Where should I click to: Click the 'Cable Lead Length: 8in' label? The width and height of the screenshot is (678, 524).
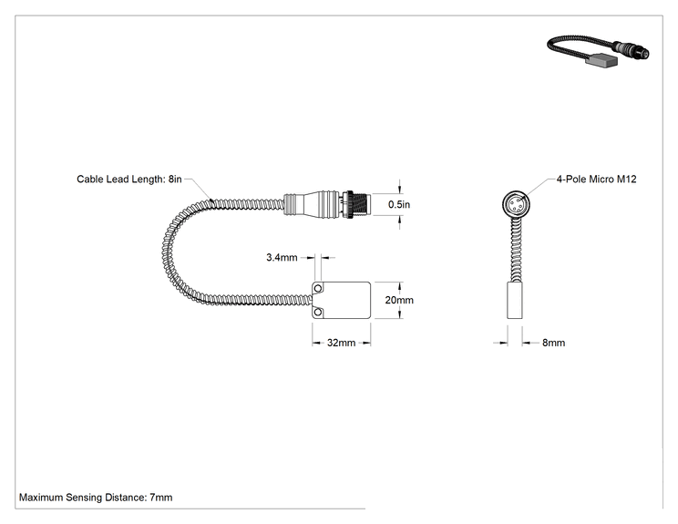click(x=128, y=179)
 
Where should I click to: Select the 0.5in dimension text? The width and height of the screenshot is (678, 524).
click(x=398, y=204)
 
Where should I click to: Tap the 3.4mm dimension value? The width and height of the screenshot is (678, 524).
click(x=282, y=258)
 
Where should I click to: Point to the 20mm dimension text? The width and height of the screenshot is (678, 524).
click(x=399, y=300)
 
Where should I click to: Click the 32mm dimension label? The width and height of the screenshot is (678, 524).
click(x=341, y=343)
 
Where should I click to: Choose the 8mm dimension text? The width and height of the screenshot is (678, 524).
click(x=553, y=343)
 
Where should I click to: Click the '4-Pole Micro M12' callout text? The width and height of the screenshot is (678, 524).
click(x=596, y=179)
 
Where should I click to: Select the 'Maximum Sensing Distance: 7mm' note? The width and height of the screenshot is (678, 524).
click(x=96, y=498)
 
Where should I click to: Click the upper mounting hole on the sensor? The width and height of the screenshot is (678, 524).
click(x=318, y=288)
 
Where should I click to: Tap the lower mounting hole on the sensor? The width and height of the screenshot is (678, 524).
click(x=318, y=313)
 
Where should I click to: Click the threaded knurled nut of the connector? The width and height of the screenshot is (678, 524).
click(x=357, y=204)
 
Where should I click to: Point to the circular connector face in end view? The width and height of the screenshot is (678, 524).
click(x=516, y=203)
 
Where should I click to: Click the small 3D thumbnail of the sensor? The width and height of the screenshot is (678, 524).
click(x=599, y=51)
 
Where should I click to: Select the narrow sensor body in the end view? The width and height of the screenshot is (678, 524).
click(x=515, y=301)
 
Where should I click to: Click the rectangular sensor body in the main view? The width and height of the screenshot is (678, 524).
click(x=341, y=301)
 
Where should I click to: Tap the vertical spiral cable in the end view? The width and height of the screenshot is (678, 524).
click(x=515, y=249)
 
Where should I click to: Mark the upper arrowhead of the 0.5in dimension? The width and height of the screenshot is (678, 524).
click(x=399, y=190)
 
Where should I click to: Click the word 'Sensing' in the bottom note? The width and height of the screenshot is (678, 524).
click(x=83, y=498)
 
